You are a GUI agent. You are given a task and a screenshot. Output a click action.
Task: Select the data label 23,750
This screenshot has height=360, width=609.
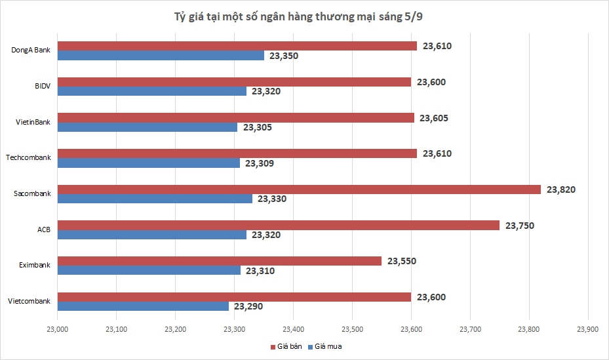(519, 226)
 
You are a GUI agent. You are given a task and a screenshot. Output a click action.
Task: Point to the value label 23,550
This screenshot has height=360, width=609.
(401, 261)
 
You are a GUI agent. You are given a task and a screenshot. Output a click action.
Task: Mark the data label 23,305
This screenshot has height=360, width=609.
(257, 127)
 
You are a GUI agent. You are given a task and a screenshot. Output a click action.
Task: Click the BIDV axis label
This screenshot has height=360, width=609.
(43, 86)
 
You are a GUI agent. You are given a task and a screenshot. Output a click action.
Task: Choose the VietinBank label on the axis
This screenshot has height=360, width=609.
(33, 122)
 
